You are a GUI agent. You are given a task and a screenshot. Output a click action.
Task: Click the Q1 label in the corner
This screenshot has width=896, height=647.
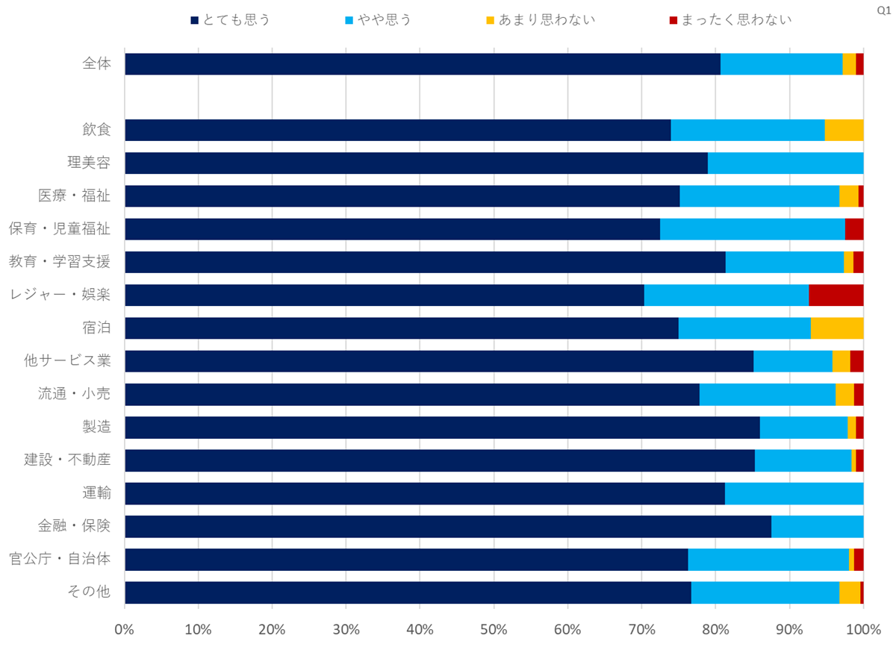pos(883,12)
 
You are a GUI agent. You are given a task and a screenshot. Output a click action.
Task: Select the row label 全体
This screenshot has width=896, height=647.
pos(97,64)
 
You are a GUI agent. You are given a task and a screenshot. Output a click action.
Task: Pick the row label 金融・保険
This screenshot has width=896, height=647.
pos(74,526)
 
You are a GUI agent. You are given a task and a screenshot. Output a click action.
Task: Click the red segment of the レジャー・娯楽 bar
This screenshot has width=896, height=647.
pos(836,295)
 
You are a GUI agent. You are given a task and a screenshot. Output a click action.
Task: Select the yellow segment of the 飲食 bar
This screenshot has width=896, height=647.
pos(844,130)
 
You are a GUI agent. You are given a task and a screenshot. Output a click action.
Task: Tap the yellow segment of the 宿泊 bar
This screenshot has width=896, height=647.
pos(836,328)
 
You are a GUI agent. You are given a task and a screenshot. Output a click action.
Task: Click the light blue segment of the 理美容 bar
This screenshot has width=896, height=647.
pos(785,163)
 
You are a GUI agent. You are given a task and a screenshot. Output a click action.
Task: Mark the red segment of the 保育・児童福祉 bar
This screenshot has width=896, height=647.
pos(854,229)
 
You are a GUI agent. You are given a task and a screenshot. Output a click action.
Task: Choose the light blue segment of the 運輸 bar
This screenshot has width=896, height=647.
pos(794,493)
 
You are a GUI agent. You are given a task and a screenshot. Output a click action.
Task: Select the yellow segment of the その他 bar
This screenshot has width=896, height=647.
pos(849,592)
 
